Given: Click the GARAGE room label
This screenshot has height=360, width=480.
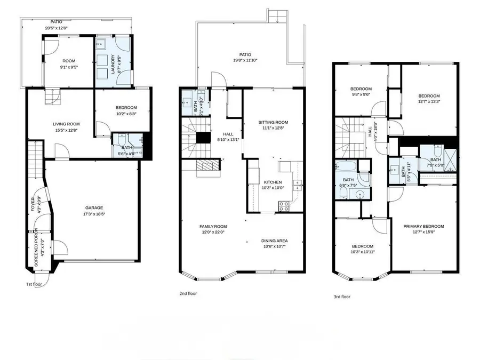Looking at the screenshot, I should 94,208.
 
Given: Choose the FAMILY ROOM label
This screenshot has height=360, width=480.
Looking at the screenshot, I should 212,226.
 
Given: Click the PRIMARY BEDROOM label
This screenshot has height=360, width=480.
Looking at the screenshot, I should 423,226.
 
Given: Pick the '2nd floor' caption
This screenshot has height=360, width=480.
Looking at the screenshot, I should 188,293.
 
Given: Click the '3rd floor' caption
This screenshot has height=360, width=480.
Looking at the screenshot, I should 342,297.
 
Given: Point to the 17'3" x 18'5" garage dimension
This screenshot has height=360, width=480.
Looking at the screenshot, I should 94,214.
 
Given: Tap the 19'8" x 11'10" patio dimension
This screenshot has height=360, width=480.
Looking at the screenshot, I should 245,60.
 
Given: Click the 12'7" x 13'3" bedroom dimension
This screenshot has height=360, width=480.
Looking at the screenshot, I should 429,101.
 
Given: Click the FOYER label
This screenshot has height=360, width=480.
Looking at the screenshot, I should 33,205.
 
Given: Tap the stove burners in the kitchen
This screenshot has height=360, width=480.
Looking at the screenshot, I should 283,204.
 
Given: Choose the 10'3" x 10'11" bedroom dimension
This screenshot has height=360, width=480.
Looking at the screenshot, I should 362,252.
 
